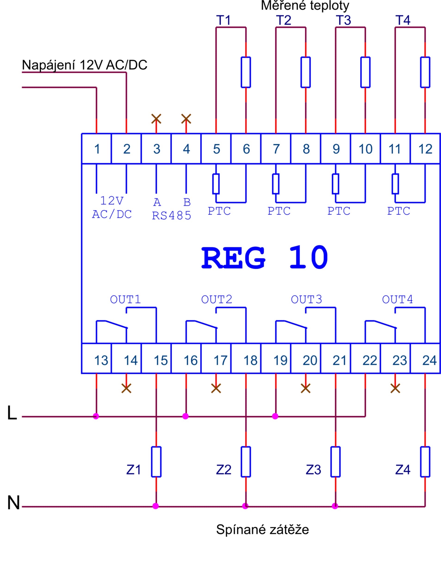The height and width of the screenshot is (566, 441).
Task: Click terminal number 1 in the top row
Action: (x=96, y=148)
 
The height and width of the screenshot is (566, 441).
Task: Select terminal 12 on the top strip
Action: (x=425, y=148)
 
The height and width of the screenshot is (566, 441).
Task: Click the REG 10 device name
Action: (x=265, y=258)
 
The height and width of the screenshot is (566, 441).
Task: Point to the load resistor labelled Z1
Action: (x=156, y=462)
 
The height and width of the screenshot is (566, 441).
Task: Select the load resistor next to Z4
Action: (x=425, y=462)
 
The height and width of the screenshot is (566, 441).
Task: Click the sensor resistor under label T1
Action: (x=246, y=72)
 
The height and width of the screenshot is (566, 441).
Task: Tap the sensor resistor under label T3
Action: (x=365, y=72)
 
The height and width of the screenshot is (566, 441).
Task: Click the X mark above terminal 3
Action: (x=156, y=119)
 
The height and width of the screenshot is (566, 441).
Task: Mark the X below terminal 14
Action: (x=126, y=388)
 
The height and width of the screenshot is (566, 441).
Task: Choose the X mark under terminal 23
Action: (x=395, y=388)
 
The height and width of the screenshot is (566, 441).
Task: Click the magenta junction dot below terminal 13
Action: (x=96, y=416)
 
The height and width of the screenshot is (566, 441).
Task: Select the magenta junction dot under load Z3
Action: (x=335, y=506)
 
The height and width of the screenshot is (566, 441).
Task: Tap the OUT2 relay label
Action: (x=217, y=300)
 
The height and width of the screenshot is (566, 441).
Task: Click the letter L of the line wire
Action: (x=12, y=413)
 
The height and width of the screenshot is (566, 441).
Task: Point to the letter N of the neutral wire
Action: (x=13, y=503)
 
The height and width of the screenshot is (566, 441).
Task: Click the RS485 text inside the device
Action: (x=171, y=216)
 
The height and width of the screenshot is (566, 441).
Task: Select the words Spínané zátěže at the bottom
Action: (x=262, y=529)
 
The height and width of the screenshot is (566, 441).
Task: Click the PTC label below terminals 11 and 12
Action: (x=398, y=211)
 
